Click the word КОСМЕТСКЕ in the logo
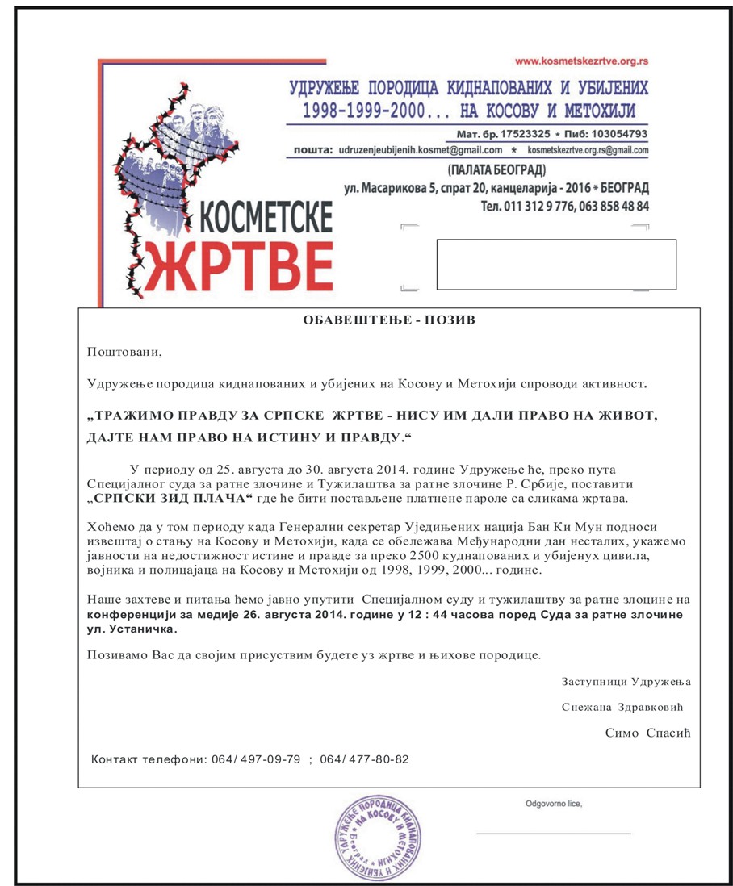tap(263, 217)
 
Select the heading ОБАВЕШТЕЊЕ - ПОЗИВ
tap(389, 320)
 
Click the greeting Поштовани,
tap(124, 351)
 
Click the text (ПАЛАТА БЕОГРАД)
tap(496, 169)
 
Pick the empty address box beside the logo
tap(555, 264)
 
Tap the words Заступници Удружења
tap(626, 681)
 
